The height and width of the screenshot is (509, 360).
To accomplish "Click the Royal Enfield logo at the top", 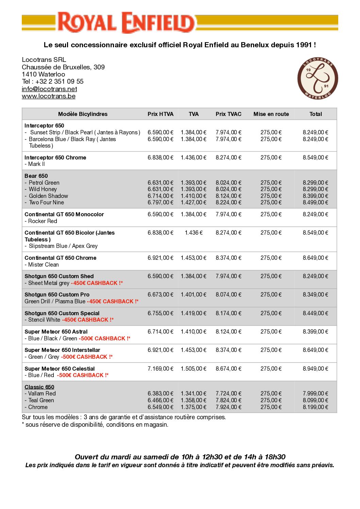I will [126, 22].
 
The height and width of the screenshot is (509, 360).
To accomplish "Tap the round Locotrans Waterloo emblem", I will [317, 79].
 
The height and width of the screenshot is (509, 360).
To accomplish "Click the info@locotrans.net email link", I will [49, 89].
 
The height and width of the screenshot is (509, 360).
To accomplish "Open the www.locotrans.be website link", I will [49, 96].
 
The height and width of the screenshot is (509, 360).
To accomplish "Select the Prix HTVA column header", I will [160, 114].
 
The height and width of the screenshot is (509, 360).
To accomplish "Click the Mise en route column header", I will [271, 114].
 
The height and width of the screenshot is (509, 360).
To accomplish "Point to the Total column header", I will [315, 114].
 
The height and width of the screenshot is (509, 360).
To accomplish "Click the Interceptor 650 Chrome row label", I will [55, 157].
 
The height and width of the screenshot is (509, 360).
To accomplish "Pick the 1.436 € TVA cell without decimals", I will [194, 233].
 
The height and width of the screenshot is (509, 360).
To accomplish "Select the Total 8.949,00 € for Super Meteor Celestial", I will [315, 369].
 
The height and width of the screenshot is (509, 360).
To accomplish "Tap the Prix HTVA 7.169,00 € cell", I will [160, 369].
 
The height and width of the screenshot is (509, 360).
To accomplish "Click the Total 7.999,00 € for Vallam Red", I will [315, 393].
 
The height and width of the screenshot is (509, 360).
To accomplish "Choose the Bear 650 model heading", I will [36, 176].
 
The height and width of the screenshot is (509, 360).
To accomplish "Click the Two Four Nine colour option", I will [46, 202].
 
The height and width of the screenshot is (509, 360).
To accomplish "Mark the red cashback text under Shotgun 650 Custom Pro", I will [113, 301].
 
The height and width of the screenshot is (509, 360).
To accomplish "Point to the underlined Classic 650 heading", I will [39, 387].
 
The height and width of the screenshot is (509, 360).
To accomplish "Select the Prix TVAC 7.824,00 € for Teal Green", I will [228, 400].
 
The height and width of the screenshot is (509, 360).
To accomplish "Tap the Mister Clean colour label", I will [43, 265].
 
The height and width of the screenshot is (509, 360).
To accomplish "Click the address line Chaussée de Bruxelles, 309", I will [63, 67].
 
